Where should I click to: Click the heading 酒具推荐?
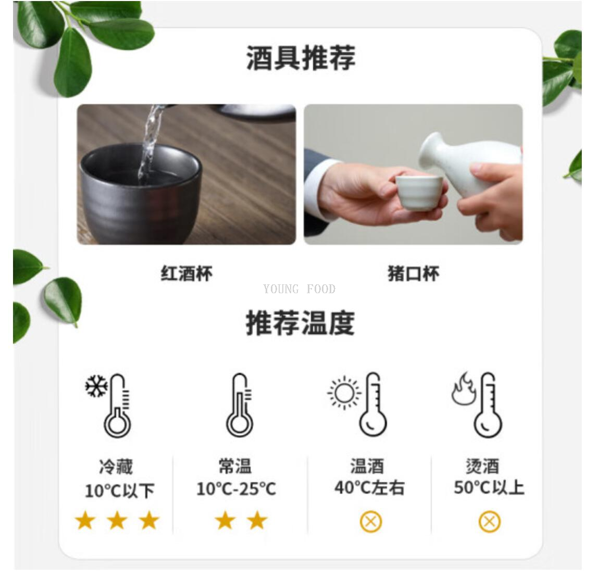(x=301, y=58)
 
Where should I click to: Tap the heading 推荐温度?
(x=300, y=323)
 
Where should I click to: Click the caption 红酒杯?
(x=186, y=273)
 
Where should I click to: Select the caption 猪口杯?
(x=414, y=273)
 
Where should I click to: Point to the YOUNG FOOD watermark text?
(x=299, y=290)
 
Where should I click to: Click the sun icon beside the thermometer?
(x=344, y=392)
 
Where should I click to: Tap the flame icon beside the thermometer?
(x=463, y=389)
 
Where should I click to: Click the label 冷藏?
(x=116, y=466)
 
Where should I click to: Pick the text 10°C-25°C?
(x=236, y=489)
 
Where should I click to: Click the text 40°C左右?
(x=369, y=488)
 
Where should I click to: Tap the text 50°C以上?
(x=489, y=488)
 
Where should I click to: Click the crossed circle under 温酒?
(x=371, y=521)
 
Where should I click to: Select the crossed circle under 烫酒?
(x=489, y=521)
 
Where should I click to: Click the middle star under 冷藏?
(x=117, y=520)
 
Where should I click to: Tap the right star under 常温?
(x=257, y=520)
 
